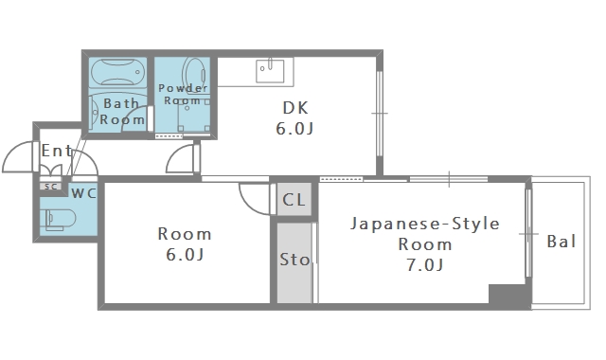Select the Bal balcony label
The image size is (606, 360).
click(561, 242)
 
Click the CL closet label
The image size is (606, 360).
click(294, 200)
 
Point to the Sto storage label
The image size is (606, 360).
click(294, 260)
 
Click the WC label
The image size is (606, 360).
click(84, 192)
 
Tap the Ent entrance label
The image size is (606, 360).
click(57, 150)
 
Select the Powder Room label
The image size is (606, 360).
click(183, 94)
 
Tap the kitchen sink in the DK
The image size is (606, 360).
click(270, 70)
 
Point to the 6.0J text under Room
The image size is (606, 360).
click(184, 255)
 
